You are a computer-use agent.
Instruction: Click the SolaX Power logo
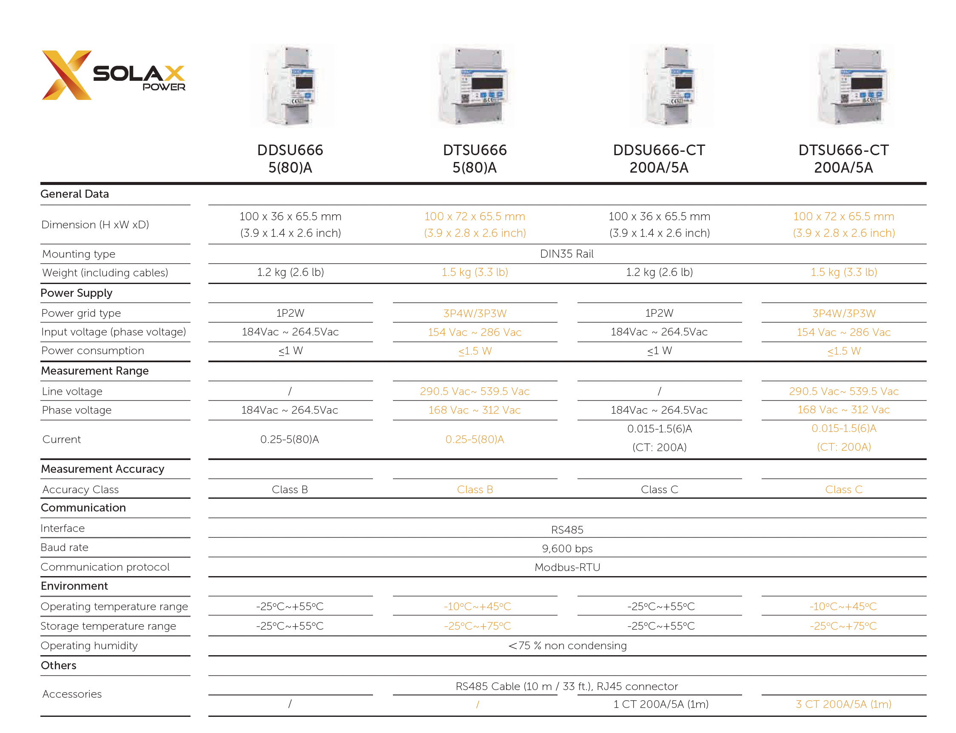113,75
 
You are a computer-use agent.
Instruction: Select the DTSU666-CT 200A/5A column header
843,159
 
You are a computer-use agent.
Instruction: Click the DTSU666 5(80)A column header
474,159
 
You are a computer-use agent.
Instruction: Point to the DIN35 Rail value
566,253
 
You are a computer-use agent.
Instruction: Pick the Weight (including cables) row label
105,273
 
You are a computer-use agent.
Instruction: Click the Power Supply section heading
77,293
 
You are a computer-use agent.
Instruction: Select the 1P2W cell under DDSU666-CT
659,313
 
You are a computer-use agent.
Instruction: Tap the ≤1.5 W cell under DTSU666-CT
843,351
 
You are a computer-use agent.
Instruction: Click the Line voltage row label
72,391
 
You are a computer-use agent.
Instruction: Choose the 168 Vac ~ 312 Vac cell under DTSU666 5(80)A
474,410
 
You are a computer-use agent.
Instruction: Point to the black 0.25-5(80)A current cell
290,439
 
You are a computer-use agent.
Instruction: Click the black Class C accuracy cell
659,489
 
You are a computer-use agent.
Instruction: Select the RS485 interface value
567,529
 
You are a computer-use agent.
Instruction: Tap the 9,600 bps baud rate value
567,548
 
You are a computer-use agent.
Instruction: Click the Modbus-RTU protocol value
567,567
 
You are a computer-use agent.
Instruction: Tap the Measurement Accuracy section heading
102,469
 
